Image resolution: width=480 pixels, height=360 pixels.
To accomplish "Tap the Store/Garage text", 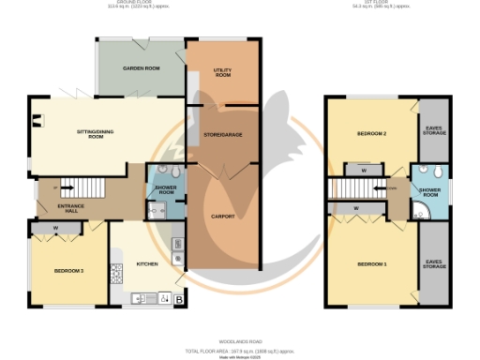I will point(223,136).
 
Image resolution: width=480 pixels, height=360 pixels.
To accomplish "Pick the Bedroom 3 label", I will point(68,271).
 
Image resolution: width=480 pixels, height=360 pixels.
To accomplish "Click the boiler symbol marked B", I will point(178,299).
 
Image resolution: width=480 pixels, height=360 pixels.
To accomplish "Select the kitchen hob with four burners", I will point(117,274).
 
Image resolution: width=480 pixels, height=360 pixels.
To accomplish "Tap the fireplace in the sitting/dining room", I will point(37,119).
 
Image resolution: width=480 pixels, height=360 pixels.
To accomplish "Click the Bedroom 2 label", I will point(371,134).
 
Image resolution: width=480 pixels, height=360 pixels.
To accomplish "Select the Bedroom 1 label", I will point(371,264).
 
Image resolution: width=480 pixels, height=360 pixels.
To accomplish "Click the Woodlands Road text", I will point(239,341).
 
